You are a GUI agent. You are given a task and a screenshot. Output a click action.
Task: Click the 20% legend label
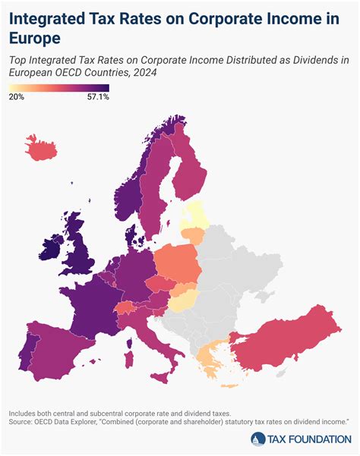[16, 97]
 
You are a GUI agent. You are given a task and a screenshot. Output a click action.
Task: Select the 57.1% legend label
[99, 97]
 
